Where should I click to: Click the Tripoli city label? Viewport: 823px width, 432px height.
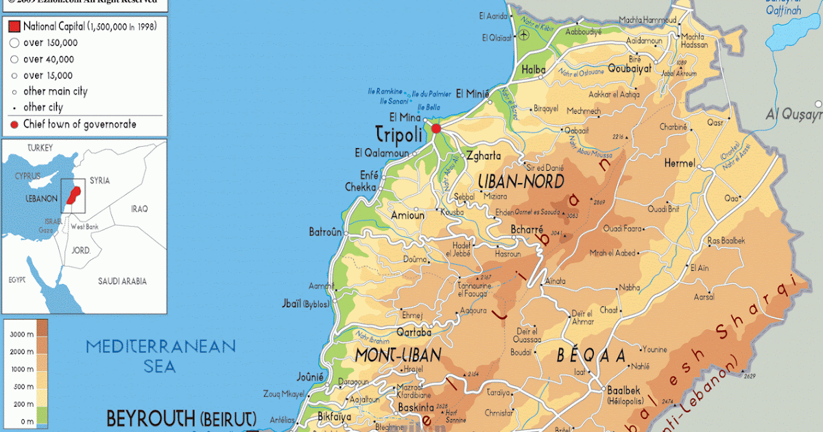(398, 134)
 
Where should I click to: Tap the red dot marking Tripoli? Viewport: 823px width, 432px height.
(436, 128)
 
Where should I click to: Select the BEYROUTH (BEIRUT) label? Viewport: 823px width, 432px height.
(181, 418)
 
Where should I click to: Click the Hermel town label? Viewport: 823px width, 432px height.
(679, 163)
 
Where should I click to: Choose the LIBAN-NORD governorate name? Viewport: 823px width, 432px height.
(521, 182)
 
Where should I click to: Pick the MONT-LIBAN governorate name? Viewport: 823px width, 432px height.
(398, 355)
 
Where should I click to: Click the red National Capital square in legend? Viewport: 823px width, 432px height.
(14, 27)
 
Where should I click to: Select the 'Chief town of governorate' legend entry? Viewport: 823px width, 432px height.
(79, 124)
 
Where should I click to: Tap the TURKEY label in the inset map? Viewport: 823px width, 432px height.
(40, 148)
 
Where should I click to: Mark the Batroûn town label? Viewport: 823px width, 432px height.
(325, 232)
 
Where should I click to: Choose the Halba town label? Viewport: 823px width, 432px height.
(534, 69)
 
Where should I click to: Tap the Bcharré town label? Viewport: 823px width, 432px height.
(527, 229)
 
